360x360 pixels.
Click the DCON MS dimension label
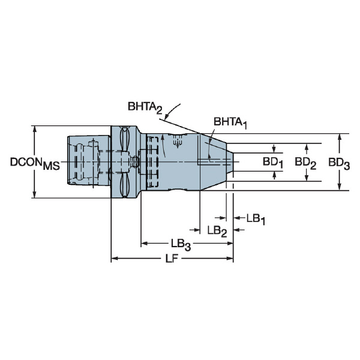35,163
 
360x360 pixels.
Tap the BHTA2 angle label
145,107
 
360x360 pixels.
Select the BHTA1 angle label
230,123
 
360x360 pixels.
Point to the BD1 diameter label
273,163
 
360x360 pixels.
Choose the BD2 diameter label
305,163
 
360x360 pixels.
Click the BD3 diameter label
339,163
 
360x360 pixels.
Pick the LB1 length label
256,219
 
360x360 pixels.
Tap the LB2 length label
217,231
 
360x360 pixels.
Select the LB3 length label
181,244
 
